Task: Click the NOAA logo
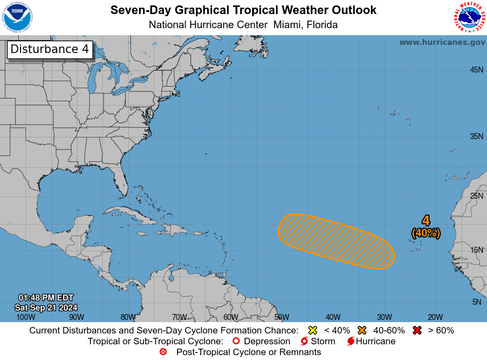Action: point(17,17)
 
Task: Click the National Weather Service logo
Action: point(468,17)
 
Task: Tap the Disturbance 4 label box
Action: point(50,49)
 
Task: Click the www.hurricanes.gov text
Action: point(442,42)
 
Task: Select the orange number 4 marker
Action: point(426,221)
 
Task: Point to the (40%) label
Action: point(426,233)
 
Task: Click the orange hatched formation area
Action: point(335,241)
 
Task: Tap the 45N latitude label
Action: point(476,70)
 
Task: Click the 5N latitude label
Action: point(476,302)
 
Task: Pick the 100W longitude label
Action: point(25,317)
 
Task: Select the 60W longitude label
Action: point(231,317)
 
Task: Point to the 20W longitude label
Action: point(435,317)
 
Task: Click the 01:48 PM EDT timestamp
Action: point(46,298)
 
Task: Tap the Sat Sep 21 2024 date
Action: point(46,307)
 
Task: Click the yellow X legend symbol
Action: point(312,330)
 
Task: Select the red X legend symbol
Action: point(417,330)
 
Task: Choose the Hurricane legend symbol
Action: point(351,341)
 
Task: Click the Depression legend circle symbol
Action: point(235,341)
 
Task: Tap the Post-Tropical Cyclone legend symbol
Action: point(163,352)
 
